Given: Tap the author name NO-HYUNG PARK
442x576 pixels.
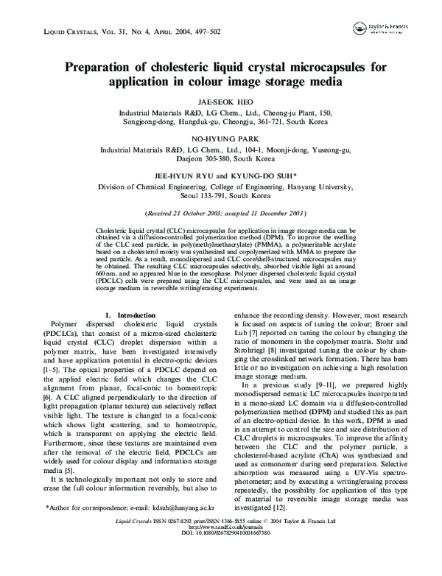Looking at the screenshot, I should click(221, 137).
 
